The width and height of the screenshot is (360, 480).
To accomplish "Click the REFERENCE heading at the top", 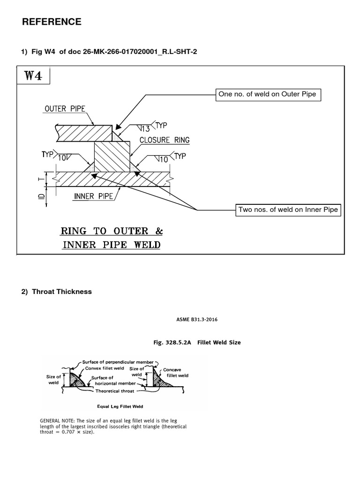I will (x=52, y=22).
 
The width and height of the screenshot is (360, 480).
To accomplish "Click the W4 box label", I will (x=34, y=76).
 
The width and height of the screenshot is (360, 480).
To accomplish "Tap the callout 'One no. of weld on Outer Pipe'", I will (x=267, y=94).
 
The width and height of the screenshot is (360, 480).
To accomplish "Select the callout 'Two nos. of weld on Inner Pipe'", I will (x=288, y=210).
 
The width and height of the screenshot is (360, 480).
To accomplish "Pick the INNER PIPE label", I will (x=93, y=196).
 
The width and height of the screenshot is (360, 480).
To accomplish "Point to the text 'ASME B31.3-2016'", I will (x=196, y=320).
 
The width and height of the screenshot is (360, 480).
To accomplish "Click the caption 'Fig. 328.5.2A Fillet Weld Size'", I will (x=197, y=343).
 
